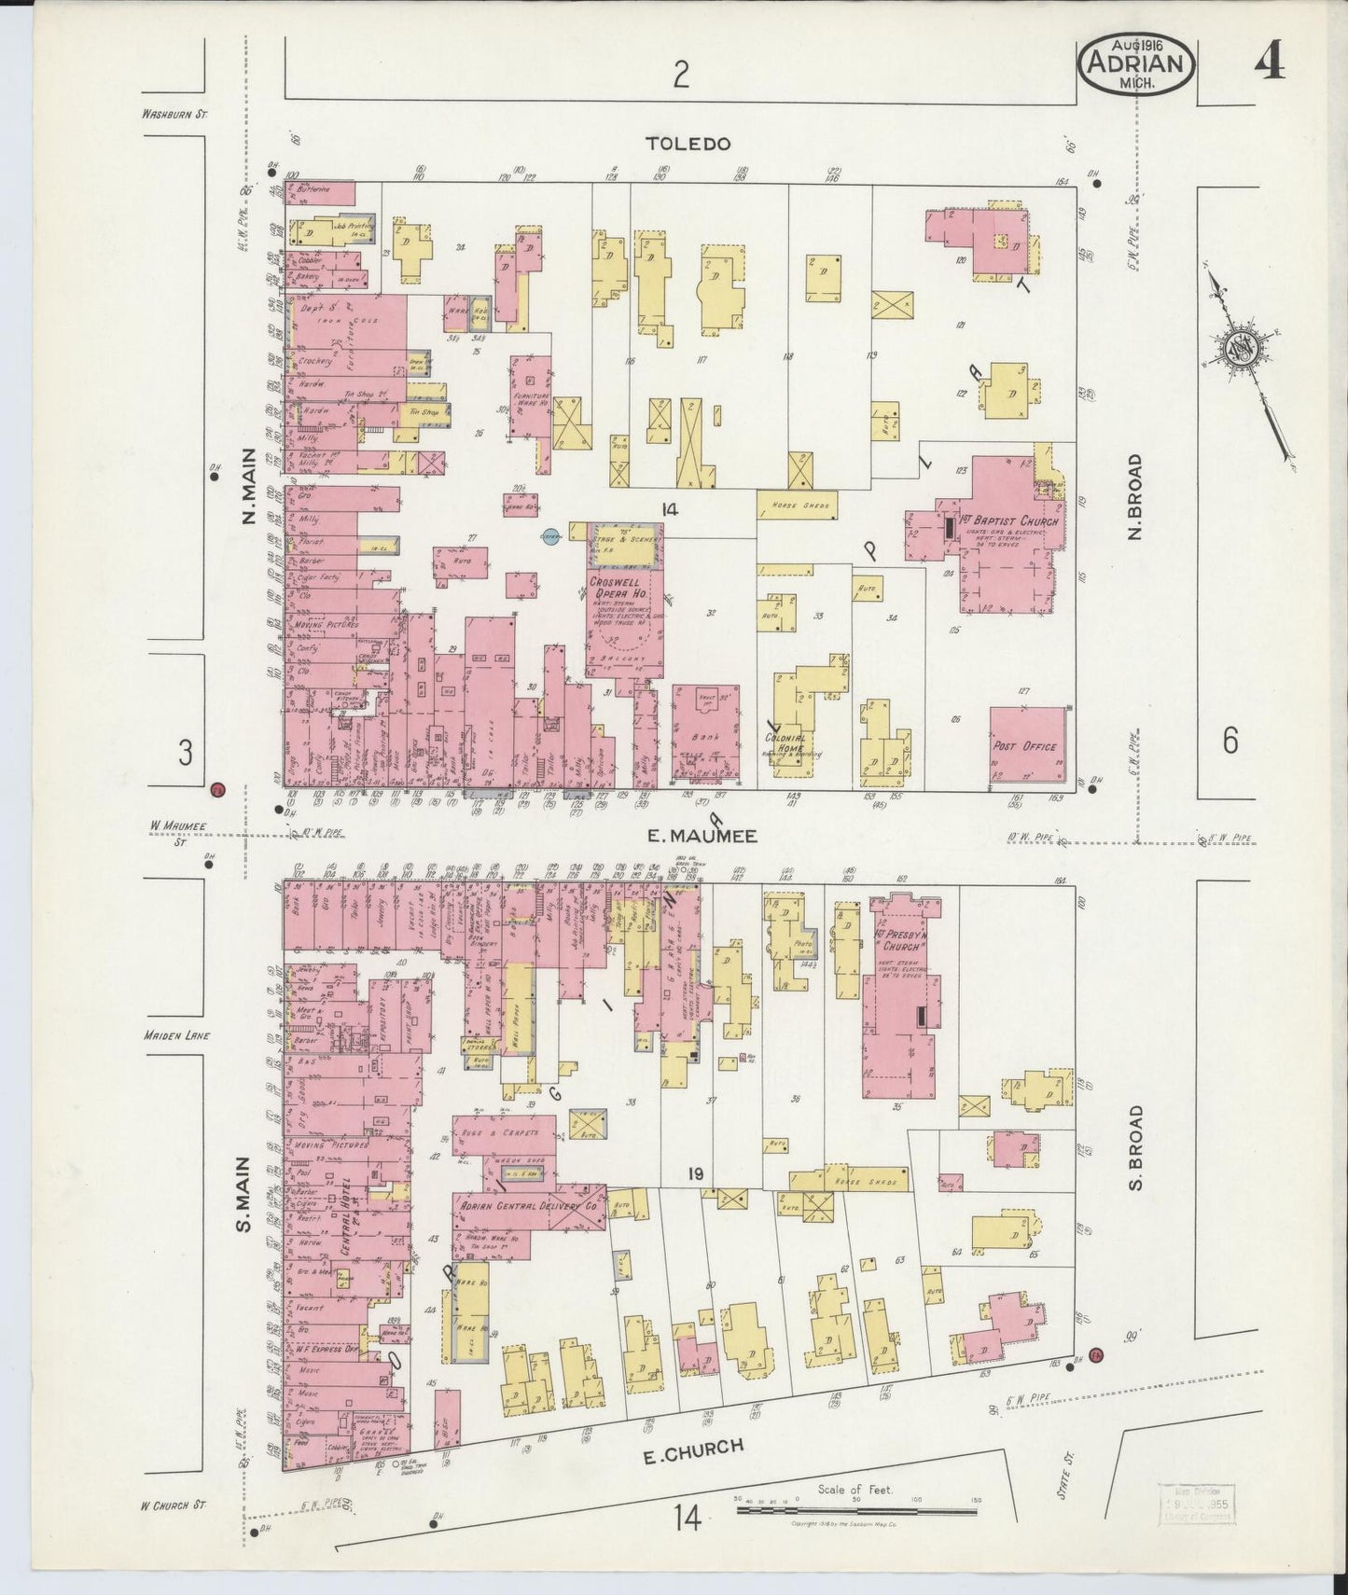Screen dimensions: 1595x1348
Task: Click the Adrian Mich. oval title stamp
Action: tap(1136, 64)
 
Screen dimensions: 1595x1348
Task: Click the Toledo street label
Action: tap(688, 144)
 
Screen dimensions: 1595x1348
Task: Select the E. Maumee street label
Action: tap(691, 837)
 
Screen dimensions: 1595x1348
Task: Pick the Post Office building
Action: tap(1028, 746)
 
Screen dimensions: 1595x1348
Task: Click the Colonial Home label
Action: tap(785, 738)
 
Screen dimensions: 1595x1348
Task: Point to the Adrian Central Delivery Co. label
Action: tap(527, 1205)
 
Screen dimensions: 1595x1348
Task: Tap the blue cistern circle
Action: tap(550, 536)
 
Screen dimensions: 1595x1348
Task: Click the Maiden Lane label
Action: tap(176, 1035)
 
